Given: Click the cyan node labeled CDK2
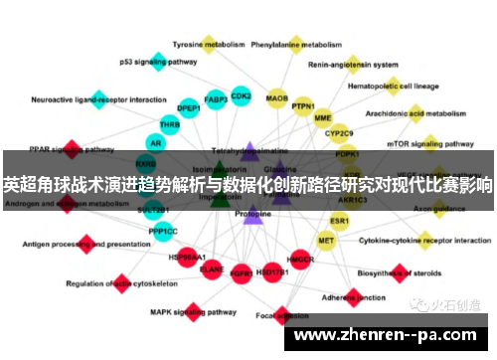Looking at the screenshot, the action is coord(241,96).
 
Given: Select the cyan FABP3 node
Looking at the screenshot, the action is coord(216,99).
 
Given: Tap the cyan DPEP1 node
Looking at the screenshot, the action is coord(188,108).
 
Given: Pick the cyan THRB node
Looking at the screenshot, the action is coord(170,125).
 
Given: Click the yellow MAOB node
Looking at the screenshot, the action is coord(276,98).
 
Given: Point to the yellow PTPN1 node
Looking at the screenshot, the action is coord(303,106).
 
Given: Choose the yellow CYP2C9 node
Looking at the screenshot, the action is coord(339,132).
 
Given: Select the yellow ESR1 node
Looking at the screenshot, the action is coord(339,220).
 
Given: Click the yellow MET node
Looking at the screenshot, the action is coord(326,240).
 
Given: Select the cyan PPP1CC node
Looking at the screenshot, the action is coord(163,232).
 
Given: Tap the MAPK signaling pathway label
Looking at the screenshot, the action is coord(185,311).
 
